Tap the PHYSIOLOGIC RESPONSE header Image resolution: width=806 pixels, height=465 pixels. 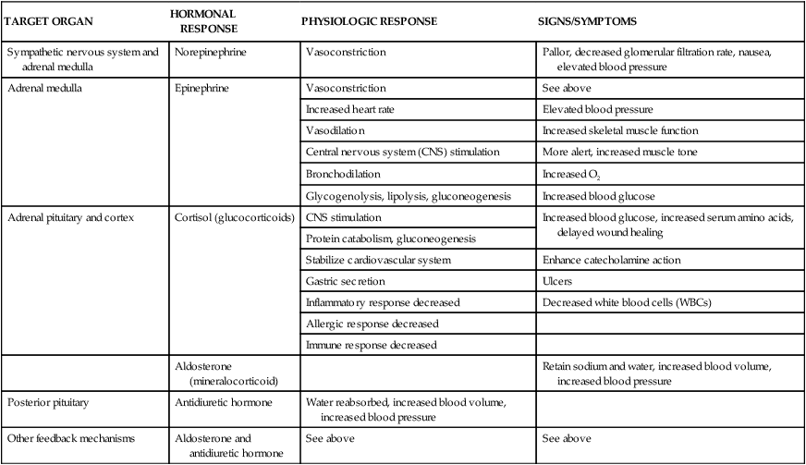pyautogui.click(x=369, y=20)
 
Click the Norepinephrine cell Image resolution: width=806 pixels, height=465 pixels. pyautogui.click(x=210, y=53)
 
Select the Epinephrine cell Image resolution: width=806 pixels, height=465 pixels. pyautogui.click(x=202, y=88)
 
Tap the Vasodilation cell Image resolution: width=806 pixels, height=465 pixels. pyautogui.click(x=336, y=130)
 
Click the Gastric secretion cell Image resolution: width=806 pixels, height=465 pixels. pyautogui.click(x=345, y=281)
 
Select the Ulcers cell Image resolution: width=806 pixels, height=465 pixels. pyautogui.click(x=556, y=281)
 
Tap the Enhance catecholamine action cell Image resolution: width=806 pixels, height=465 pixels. pyautogui.click(x=613, y=260)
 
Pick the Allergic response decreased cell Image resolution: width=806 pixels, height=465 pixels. pyautogui.click(x=371, y=324)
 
